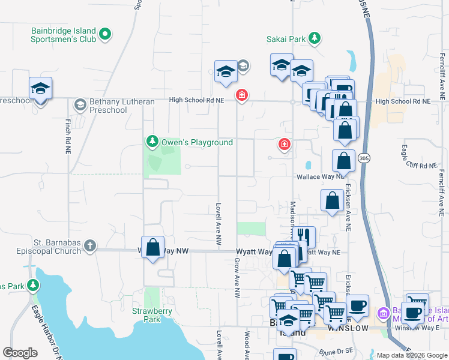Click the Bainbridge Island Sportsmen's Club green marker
[105, 34]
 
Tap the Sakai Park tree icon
[314, 40]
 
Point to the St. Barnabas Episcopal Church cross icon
[89, 245]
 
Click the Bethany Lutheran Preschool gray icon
[79, 106]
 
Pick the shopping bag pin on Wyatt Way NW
[153, 247]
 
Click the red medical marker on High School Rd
[241, 95]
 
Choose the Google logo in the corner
[20, 353]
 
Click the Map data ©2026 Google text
[412, 355]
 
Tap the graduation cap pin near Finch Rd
[40, 88]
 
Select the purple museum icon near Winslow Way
[382, 313]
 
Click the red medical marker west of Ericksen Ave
[284, 144]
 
